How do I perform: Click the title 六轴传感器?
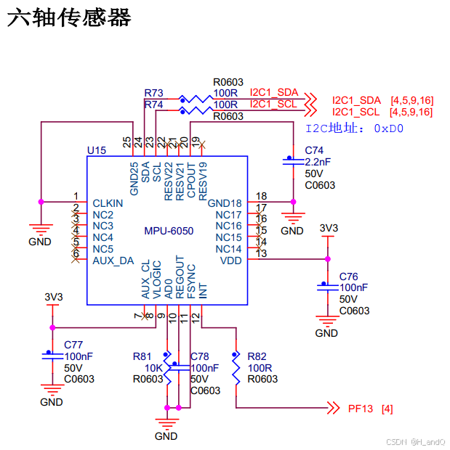pyautogui.click(x=69, y=19)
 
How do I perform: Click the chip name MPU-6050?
pyautogui.click(x=169, y=231)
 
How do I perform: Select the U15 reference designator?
pyautogui.click(x=97, y=150)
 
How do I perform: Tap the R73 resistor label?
pyautogui.click(x=153, y=93)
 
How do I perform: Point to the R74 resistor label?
pyautogui.click(x=153, y=105)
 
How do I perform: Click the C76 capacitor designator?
pyautogui.click(x=349, y=277)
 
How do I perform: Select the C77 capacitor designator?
pyautogui.click(x=73, y=345)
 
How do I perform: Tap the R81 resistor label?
pyautogui.click(x=142, y=356)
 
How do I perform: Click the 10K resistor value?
pyautogui.click(x=153, y=368)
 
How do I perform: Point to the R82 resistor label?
pyautogui.click(x=257, y=356)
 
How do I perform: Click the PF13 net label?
pyautogui.click(x=361, y=409)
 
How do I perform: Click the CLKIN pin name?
pyautogui.click(x=108, y=203)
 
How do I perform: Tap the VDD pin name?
pyautogui.click(x=230, y=261)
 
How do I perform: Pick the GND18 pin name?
pyautogui.click(x=225, y=203)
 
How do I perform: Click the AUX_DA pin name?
pyautogui.click(x=113, y=261)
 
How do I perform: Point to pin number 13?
pyautogui.click(x=262, y=253)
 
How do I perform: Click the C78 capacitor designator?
pyautogui.click(x=200, y=356)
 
